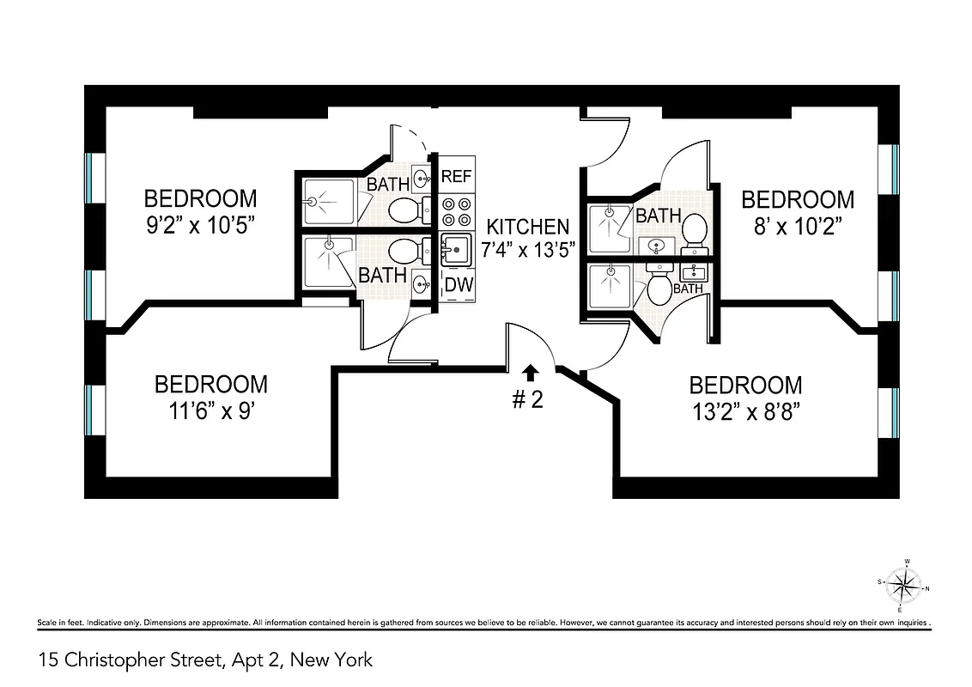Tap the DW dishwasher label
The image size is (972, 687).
[459, 286]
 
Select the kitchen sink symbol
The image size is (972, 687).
[456, 250]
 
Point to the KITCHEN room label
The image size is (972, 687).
[527, 227]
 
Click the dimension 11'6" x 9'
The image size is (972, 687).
[210, 410]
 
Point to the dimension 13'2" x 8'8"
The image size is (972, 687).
[745, 411]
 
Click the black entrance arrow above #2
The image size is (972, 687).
[531, 372]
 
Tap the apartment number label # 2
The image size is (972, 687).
[528, 400]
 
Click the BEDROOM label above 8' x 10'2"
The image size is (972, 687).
[798, 200]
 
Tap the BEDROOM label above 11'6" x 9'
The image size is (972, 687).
[210, 384]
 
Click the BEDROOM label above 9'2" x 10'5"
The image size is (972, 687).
[200, 198]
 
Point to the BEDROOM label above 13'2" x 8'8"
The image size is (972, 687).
[745, 385]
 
